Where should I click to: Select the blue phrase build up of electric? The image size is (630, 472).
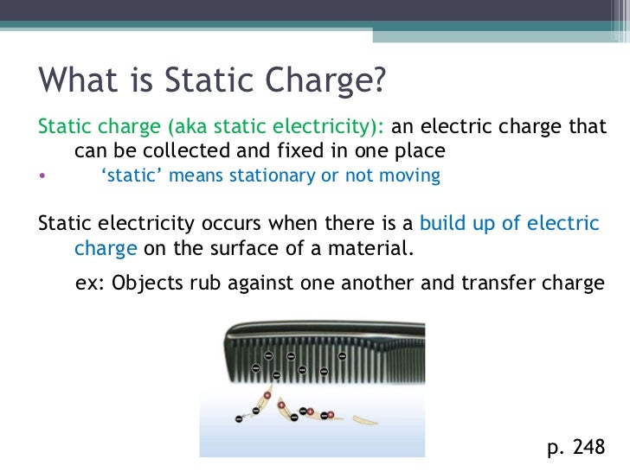[509, 224]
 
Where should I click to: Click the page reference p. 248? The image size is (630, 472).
[576, 447]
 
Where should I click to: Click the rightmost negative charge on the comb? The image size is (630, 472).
[343, 356]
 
